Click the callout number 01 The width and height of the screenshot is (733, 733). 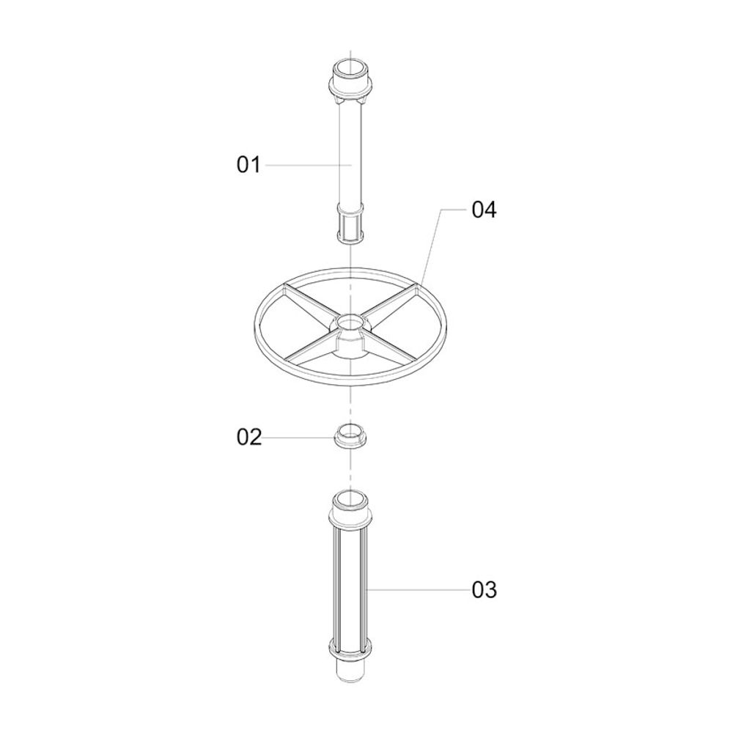click(248, 165)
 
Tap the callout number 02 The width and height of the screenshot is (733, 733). click(248, 437)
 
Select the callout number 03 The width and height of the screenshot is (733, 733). click(484, 590)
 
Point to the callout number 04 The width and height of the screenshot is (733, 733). click(484, 210)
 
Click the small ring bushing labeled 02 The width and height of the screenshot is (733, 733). click(350, 435)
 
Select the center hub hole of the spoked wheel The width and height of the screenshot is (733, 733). click(350, 321)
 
